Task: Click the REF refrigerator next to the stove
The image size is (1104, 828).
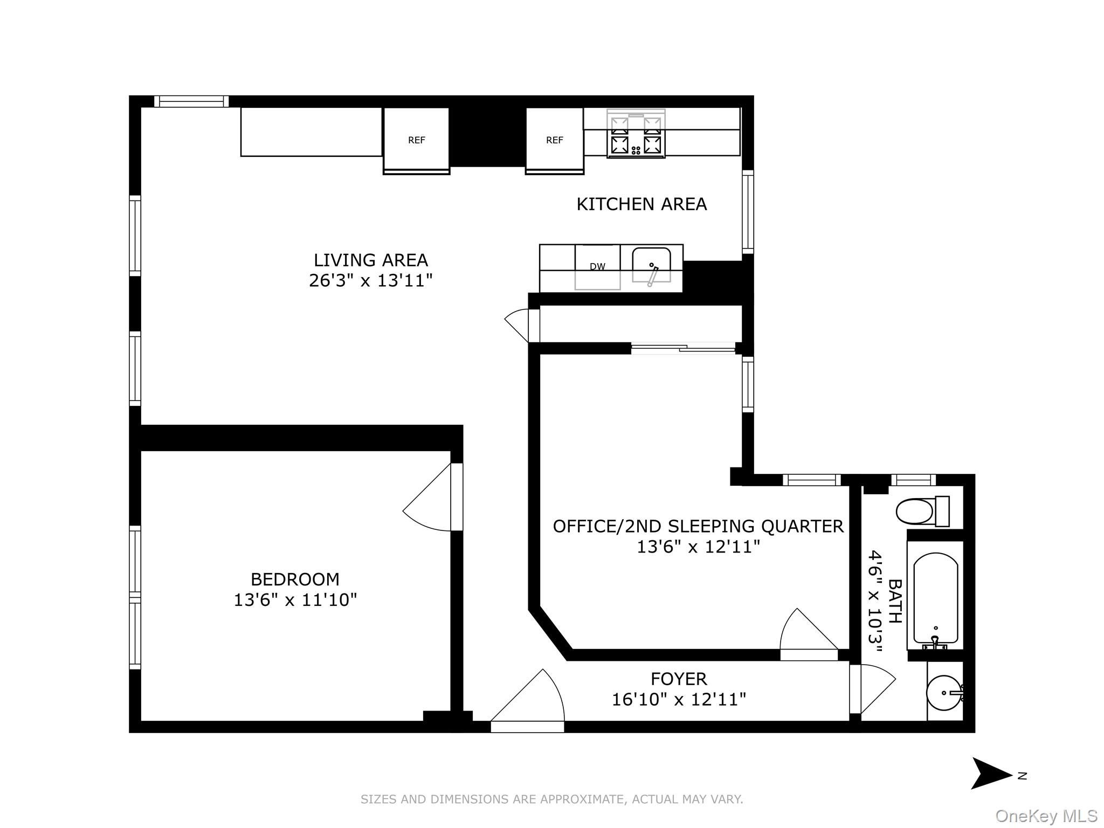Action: tap(554, 140)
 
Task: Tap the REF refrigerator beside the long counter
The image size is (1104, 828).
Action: tap(416, 140)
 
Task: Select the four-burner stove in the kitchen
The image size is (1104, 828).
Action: tap(636, 135)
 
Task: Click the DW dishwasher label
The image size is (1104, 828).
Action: tap(597, 266)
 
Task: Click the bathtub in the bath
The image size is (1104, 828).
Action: tap(935, 598)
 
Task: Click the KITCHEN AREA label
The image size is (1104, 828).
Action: tap(641, 204)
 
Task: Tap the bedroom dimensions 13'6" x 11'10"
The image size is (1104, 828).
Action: tap(295, 600)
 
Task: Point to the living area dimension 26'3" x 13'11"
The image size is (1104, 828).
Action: tap(370, 281)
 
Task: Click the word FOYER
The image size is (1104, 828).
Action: tap(678, 679)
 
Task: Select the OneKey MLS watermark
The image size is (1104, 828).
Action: tap(1046, 816)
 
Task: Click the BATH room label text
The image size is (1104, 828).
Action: tap(894, 601)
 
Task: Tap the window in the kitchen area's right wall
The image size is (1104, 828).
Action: tap(748, 212)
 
